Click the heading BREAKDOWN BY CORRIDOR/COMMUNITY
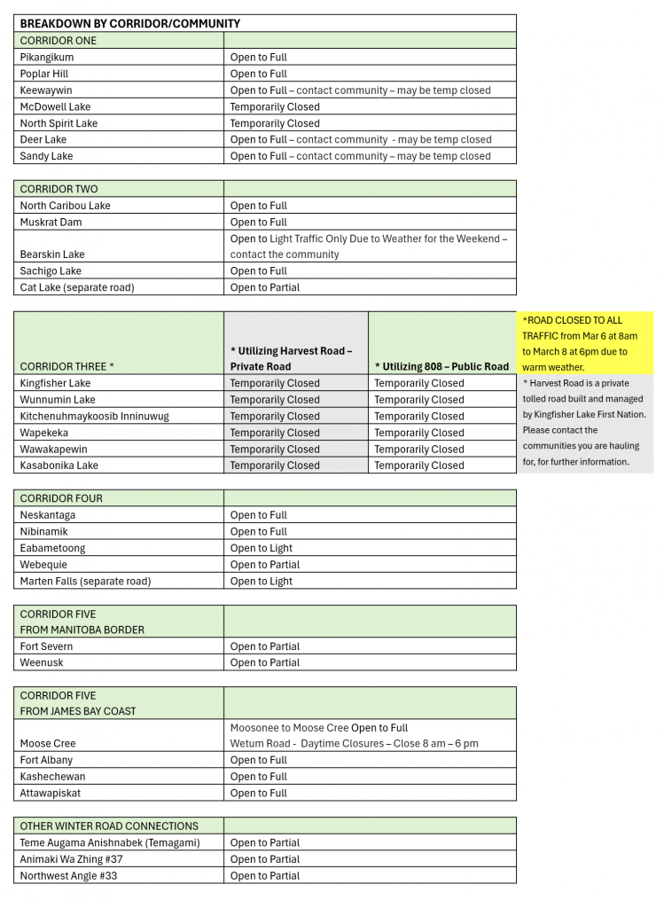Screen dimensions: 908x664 point(129,24)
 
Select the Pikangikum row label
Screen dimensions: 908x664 point(47,58)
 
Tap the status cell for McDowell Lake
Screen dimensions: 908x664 point(275,107)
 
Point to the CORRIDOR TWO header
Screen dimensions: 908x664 point(59,189)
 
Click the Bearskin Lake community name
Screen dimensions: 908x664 point(52,254)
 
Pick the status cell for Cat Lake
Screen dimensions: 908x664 point(265,287)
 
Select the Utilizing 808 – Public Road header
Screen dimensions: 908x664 point(441,366)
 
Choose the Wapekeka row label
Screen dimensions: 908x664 point(49,433)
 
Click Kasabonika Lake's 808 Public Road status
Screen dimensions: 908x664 point(418,466)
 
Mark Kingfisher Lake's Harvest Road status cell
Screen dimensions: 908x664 point(275,383)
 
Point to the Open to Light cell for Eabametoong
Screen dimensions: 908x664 point(261,548)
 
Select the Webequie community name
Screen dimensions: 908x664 point(48,565)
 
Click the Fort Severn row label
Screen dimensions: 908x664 point(46,646)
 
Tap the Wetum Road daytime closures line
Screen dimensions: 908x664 point(354,743)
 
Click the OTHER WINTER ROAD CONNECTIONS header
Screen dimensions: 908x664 point(109,826)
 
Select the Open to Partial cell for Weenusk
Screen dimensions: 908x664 point(265,662)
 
